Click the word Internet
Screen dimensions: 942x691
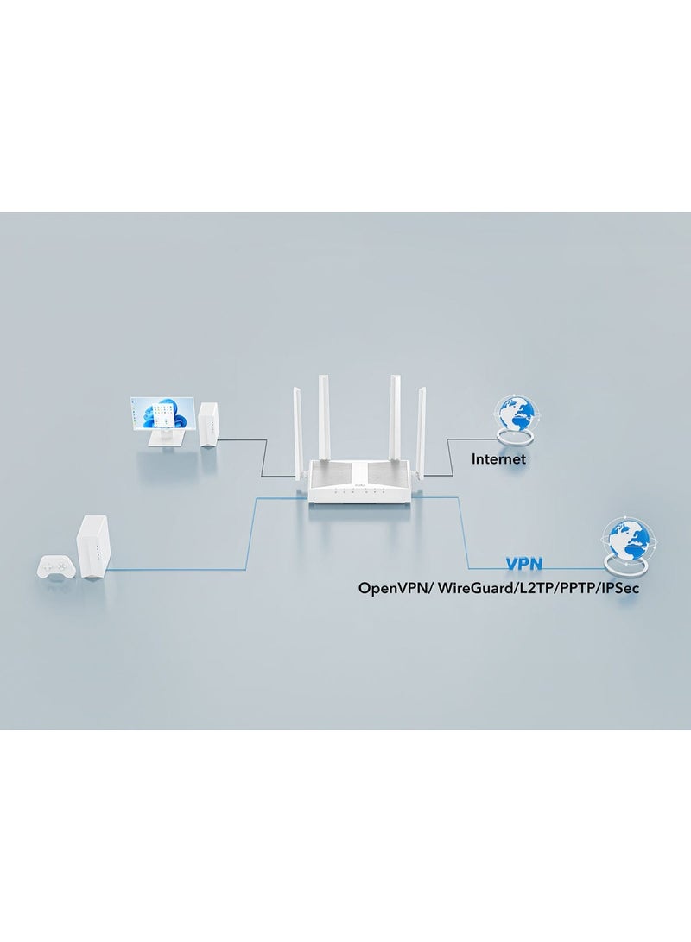pos(498,458)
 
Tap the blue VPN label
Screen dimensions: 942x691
pos(523,564)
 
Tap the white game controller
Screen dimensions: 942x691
pos(54,569)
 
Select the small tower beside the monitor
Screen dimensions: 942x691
pos(208,424)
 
